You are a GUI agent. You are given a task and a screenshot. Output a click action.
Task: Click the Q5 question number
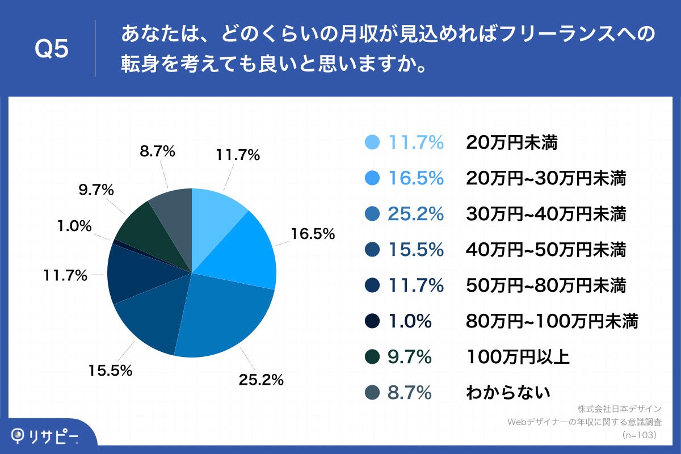(x=52, y=49)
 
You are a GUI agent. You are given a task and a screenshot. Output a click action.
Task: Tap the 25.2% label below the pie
(x=260, y=380)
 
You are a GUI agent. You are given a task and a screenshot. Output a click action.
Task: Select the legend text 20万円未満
(x=512, y=143)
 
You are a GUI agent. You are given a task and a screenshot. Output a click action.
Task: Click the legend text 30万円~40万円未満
(x=546, y=214)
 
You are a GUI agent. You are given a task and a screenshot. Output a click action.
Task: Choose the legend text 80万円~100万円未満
(x=552, y=321)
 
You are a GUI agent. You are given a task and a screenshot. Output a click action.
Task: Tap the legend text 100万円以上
(x=518, y=357)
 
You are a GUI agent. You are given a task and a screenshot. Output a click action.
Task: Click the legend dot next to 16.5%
(x=372, y=179)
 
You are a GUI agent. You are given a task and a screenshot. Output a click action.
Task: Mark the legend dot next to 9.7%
(x=372, y=357)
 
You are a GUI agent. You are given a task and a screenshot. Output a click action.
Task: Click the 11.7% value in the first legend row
(x=415, y=143)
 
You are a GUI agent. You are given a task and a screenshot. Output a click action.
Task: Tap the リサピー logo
(x=45, y=436)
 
